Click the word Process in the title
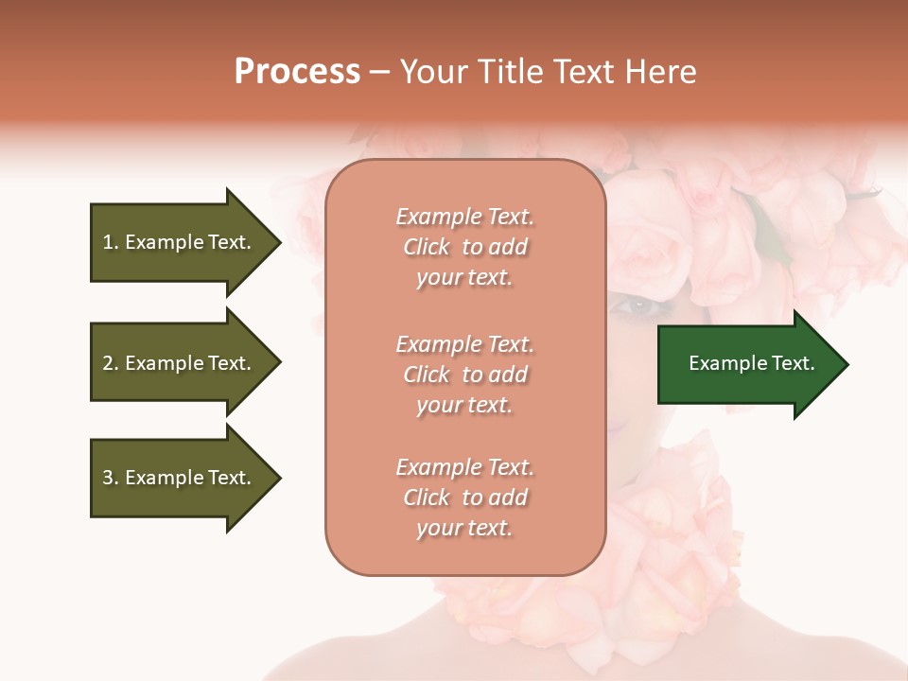tap(297, 72)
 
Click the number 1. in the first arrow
tap(111, 242)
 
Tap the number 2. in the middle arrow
tap(111, 363)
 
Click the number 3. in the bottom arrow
tap(111, 478)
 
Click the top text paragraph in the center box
tap(464, 247)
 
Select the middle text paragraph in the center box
tap(464, 375)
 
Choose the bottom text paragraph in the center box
tap(464, 498)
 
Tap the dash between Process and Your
tap(380, 72)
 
